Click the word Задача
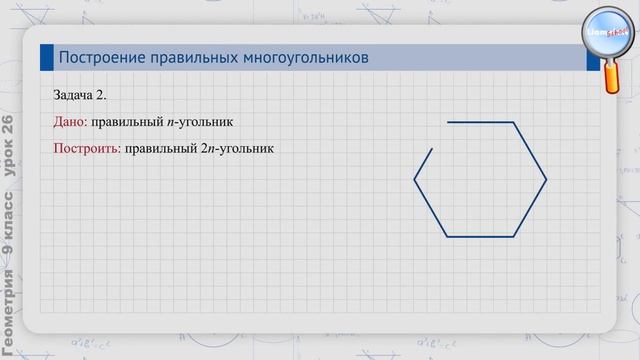[x=75, y=95]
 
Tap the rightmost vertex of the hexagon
[x=547, y=180]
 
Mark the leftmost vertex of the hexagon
[x=415, y=180]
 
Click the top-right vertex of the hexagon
[x=514, y=122]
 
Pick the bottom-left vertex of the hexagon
[x=447, y=237]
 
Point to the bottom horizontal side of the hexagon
[x=481, y=237]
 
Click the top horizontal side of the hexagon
[x=481, y=122]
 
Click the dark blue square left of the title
[x=46, y=58]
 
